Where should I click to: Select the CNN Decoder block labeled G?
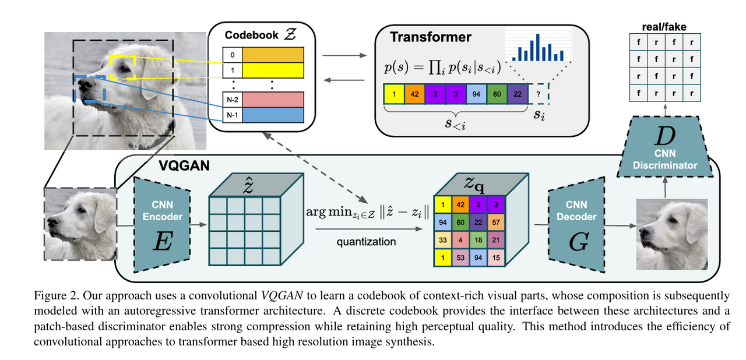575,224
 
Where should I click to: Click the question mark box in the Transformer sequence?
539,94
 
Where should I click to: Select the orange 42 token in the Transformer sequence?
414,94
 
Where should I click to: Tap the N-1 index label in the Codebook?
232,115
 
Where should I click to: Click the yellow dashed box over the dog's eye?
122,67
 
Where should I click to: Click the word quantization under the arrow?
366,242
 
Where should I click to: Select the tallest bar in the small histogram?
537,47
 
